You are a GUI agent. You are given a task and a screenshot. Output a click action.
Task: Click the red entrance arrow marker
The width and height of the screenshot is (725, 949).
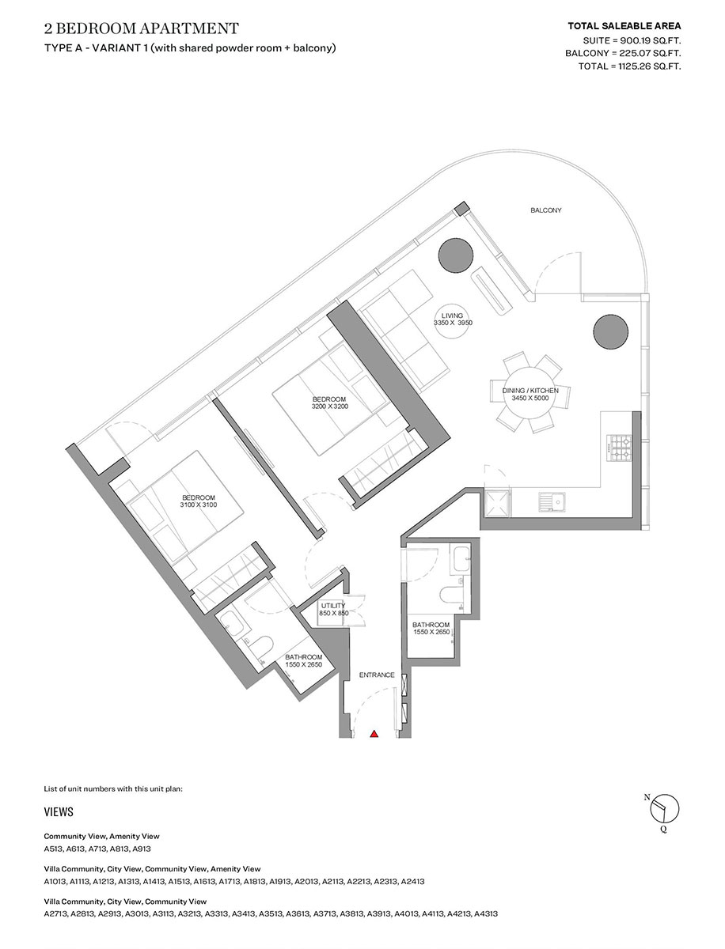(x=374, y=734)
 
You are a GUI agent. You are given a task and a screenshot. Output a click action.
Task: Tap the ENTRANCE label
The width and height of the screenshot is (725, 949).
(x=377, y=675)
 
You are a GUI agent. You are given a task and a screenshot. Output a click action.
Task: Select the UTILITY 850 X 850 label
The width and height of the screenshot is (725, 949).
(x=332, y=610)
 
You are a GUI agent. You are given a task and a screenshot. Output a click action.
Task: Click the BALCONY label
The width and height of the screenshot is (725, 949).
(x=545, y=210)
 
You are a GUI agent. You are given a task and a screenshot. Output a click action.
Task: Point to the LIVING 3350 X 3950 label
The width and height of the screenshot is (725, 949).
(x=453, y=319)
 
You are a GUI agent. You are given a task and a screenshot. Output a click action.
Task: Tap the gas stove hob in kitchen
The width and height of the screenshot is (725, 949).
(x=618, y=448)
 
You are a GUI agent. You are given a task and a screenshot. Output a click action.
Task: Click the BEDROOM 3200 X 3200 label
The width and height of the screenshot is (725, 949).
(x=330, y=403)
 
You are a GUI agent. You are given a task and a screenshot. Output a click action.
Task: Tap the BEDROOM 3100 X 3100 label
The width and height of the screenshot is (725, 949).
(x=198, y=501)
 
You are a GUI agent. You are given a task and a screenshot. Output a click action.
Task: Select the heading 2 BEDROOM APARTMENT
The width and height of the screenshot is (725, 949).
(x=141, y=29)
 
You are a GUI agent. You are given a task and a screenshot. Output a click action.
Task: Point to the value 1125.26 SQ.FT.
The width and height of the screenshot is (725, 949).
(x=645, y=66)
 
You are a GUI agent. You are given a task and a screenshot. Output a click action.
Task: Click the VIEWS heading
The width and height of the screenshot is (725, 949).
(x=59, y=812)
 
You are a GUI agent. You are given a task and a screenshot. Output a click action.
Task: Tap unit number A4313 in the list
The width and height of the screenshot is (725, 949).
(x=485, y=913)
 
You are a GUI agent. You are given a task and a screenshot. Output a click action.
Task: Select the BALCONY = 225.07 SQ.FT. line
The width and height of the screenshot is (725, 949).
(x=623, y=53)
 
